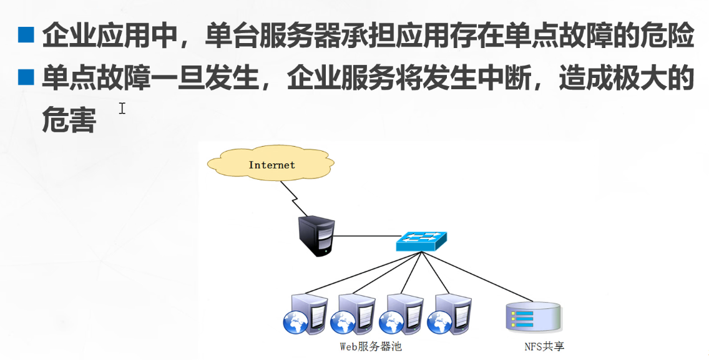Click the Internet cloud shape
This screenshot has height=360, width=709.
pos(271,165)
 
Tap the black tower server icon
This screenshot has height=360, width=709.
pos(316,235)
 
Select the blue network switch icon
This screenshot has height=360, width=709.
pos(421,241)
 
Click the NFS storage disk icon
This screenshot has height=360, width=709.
pos(532,317)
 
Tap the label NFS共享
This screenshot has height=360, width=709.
pos(544,346)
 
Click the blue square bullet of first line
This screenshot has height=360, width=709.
pos(26,35)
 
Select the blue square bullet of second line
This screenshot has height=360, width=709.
pos(26,77)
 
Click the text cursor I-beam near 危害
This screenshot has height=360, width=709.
pos(122,109)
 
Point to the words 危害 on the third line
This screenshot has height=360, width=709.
pos(69,120)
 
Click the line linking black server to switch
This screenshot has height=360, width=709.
pos(366,236)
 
